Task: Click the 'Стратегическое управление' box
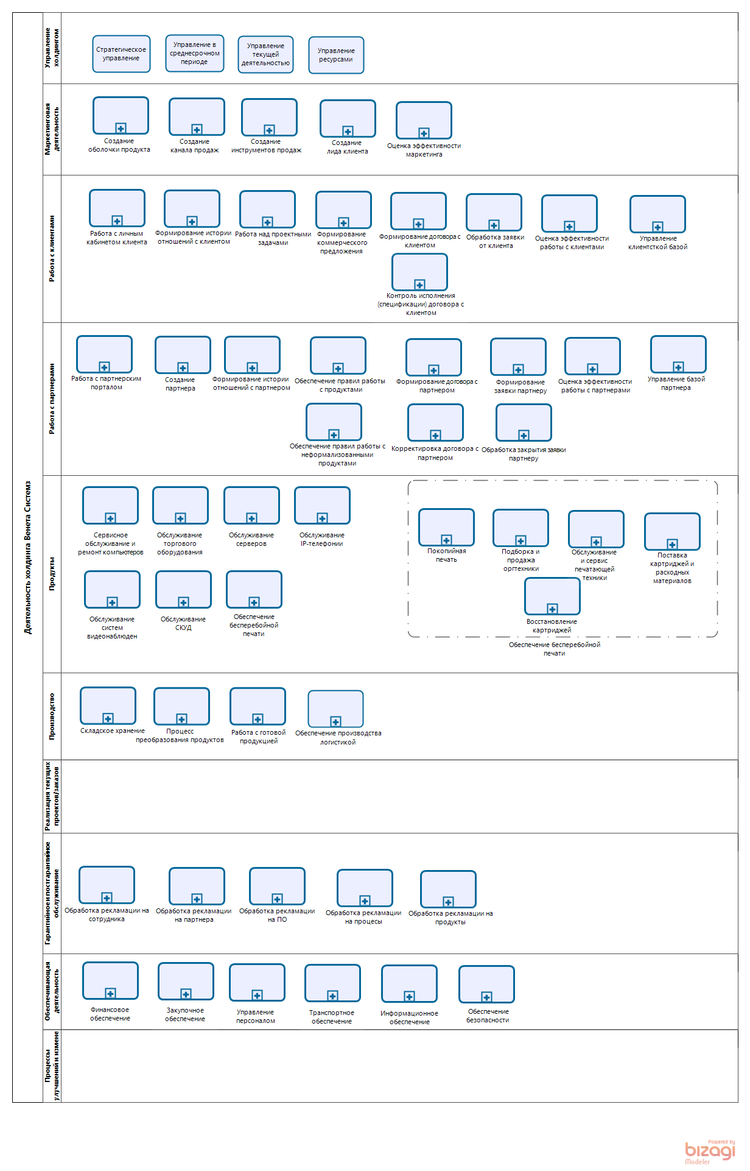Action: (121, 54)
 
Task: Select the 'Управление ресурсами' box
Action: (336, 55)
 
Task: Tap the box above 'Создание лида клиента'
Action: (348, 118)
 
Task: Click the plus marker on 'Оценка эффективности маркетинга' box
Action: (424, 133)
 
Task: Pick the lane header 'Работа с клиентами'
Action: (52, 249)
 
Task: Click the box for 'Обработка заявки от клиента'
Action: (494, 212)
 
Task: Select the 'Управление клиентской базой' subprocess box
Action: (657, 214)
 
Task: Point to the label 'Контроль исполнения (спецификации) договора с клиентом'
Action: (421, 304)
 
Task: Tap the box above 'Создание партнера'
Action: (183, 355)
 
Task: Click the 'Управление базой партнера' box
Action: (678, 354)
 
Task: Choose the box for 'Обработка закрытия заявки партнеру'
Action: (524, 422)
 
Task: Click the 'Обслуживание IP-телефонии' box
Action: (322, 505)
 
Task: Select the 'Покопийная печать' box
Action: (446, 527)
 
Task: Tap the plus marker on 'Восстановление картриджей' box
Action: (552, 609)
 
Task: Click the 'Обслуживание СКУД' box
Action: (183, 589)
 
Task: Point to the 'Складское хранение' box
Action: (108, 706)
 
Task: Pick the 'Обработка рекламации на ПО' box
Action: (277, 886)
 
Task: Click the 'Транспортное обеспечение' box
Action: (332, 983)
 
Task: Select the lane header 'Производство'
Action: (52, 716)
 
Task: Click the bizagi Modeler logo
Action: (710, 1151)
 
